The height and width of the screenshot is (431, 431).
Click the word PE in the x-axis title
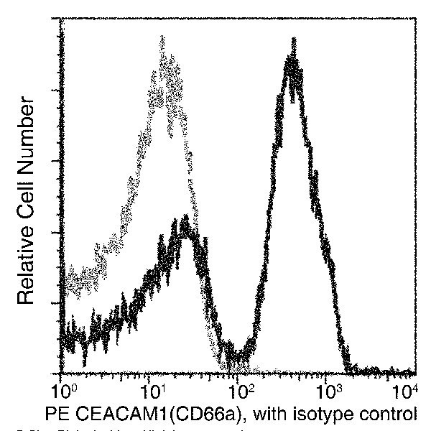tap(58, 414)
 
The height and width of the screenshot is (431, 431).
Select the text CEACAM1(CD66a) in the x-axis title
tap(151, 414)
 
